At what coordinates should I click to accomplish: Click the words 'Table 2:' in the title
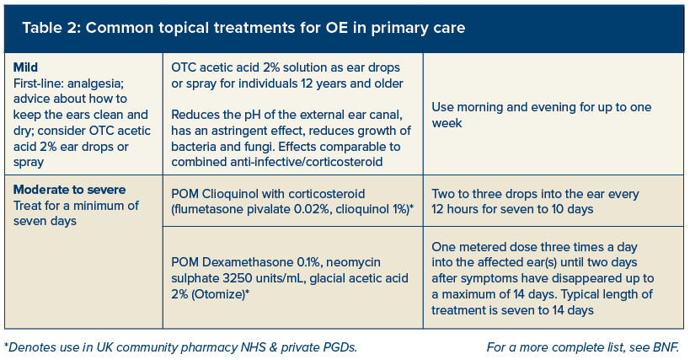(x=51, y=28)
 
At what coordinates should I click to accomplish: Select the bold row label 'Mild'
(x=25, y=67)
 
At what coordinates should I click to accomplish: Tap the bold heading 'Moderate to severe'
(x=70, y=190)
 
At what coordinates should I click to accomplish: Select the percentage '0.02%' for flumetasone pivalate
(x=311, y=209)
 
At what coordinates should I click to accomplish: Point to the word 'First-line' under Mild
(x=38, y=83)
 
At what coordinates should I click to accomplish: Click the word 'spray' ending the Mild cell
(x=29, y=163)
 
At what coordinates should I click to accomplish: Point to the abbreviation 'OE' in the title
(x=337, y=28)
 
